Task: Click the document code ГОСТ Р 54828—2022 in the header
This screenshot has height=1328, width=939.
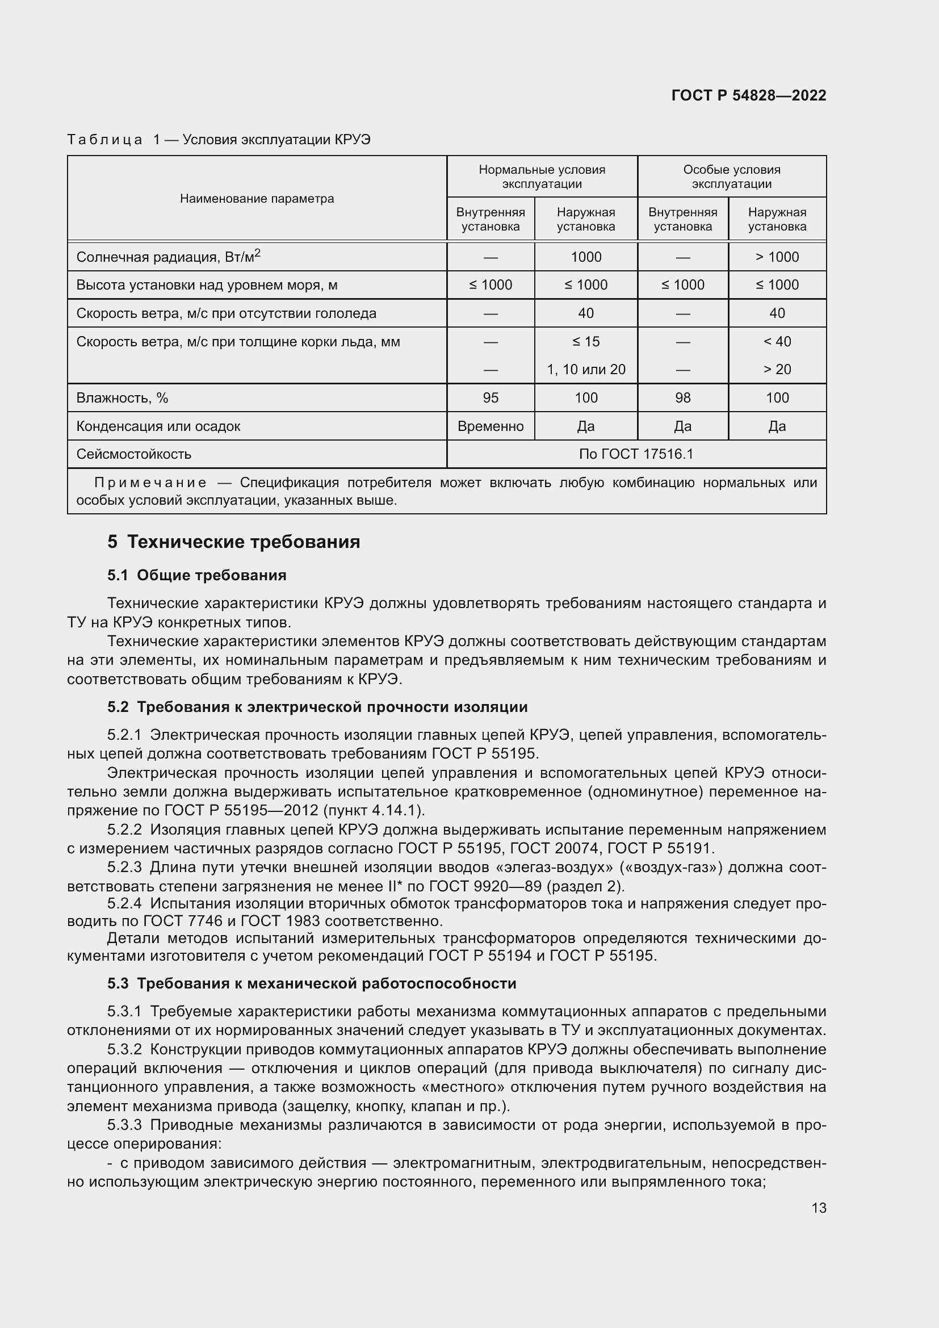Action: point(748,95)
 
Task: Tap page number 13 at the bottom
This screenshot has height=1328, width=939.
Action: point(819,1208)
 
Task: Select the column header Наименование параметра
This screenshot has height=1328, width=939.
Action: point(257,198)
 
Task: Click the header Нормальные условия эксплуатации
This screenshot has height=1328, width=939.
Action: point(542,177)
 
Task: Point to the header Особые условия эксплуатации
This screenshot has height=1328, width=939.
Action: point(731,177)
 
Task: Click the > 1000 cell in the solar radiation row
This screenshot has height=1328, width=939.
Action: point(777,257)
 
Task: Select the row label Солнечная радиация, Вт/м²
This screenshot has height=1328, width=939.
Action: point(168,257)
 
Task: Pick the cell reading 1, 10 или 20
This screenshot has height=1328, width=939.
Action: point(586,369)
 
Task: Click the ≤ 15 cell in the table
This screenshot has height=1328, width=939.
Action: point(586,341)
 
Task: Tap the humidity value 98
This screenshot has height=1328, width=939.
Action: point(682,397)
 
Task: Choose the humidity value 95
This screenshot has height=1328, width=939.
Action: point(491,397)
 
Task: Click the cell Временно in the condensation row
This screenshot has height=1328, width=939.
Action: point(491,426)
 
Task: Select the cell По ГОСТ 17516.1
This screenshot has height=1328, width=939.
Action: point(635,454)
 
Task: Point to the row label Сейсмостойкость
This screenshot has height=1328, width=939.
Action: point(133,454)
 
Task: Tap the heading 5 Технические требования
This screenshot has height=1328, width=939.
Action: point(233,542)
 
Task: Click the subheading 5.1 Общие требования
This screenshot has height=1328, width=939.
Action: point(196,575)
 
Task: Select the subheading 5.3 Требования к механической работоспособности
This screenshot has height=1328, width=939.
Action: point(312,983)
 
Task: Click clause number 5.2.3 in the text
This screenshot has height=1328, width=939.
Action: point(124,867)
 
